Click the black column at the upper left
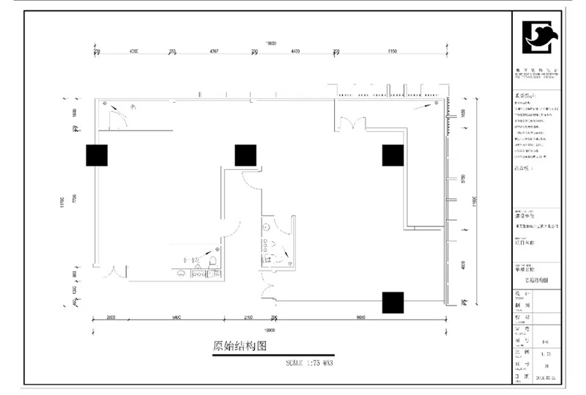[x=97, y=155]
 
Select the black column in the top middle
[x=245, y=155]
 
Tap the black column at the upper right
[x=393, y=155]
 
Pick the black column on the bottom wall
[x=393, y=302]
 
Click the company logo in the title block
[x=539, y=38]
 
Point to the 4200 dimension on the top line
[x=133, y=51]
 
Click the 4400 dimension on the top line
[x=295, y=51]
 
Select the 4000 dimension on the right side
[x=462, y=265]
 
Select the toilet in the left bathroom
[x=213, y=262]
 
